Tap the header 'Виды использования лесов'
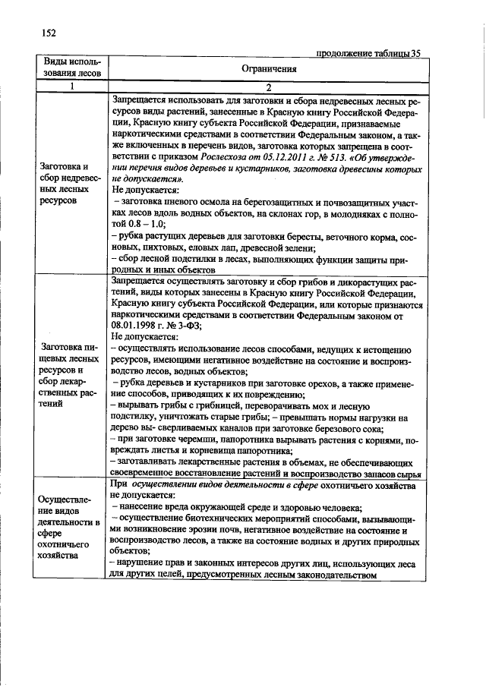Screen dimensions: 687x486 point(71,68)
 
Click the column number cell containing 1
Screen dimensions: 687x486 point(71,86)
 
